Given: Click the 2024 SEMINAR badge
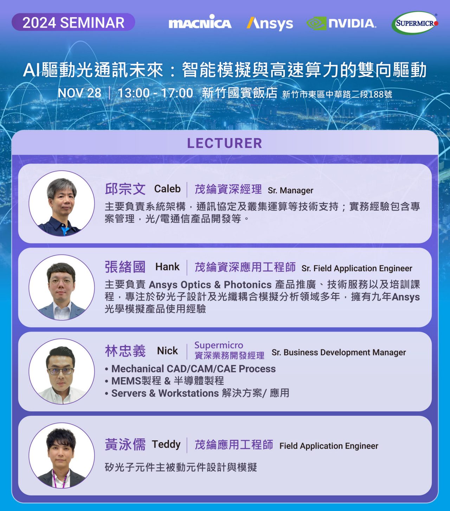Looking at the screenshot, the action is pos(73,22).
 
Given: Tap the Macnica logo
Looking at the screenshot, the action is pos(200,22).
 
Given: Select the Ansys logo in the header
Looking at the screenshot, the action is pos(270,24).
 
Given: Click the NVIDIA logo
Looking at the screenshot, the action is pos(341,24).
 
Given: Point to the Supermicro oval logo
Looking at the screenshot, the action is pos(415,23).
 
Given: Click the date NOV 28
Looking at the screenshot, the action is pos(79,93).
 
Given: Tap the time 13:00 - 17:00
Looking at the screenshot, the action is pos(155,93).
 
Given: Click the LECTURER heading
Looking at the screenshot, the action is pos(225,143).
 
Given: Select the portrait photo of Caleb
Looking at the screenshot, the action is pos(62,204).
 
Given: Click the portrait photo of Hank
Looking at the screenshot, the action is pos(62,288).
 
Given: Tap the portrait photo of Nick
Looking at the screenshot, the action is pos(62,371).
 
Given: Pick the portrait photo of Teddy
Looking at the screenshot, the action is pos(62,455).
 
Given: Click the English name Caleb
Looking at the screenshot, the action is pos(167,189).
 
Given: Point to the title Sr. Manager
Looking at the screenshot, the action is pos(290,190).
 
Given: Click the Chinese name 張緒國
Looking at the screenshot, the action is pos(125,267).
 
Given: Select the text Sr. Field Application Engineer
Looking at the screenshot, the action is pos(357,268).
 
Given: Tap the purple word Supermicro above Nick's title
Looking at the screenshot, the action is pos(219,345).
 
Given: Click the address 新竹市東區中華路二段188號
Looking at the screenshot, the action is pos(337,94).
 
